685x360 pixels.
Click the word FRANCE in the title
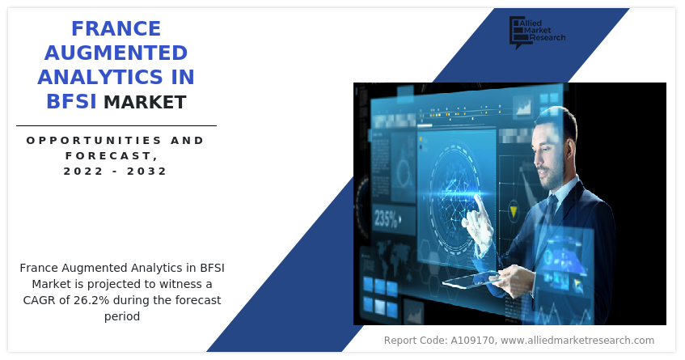coord(116,29)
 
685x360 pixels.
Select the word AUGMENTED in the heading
coord(116,53)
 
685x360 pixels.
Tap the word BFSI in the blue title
coord(71,101)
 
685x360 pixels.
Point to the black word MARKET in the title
coord(145,102)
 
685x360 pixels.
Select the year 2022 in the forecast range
coord(83,171)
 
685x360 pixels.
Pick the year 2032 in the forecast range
coord(147,171)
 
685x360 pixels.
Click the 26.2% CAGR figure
coord(91,300)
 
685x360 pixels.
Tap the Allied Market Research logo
coord(537,32)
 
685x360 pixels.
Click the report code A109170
coord(472,341)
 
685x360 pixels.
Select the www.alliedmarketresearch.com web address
coord(577,341)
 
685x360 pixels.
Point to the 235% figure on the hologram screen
coord(386,218)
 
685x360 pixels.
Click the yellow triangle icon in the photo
coord(514,212)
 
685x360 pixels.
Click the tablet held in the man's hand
coord(470,281)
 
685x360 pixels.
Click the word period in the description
coord(122,316)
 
